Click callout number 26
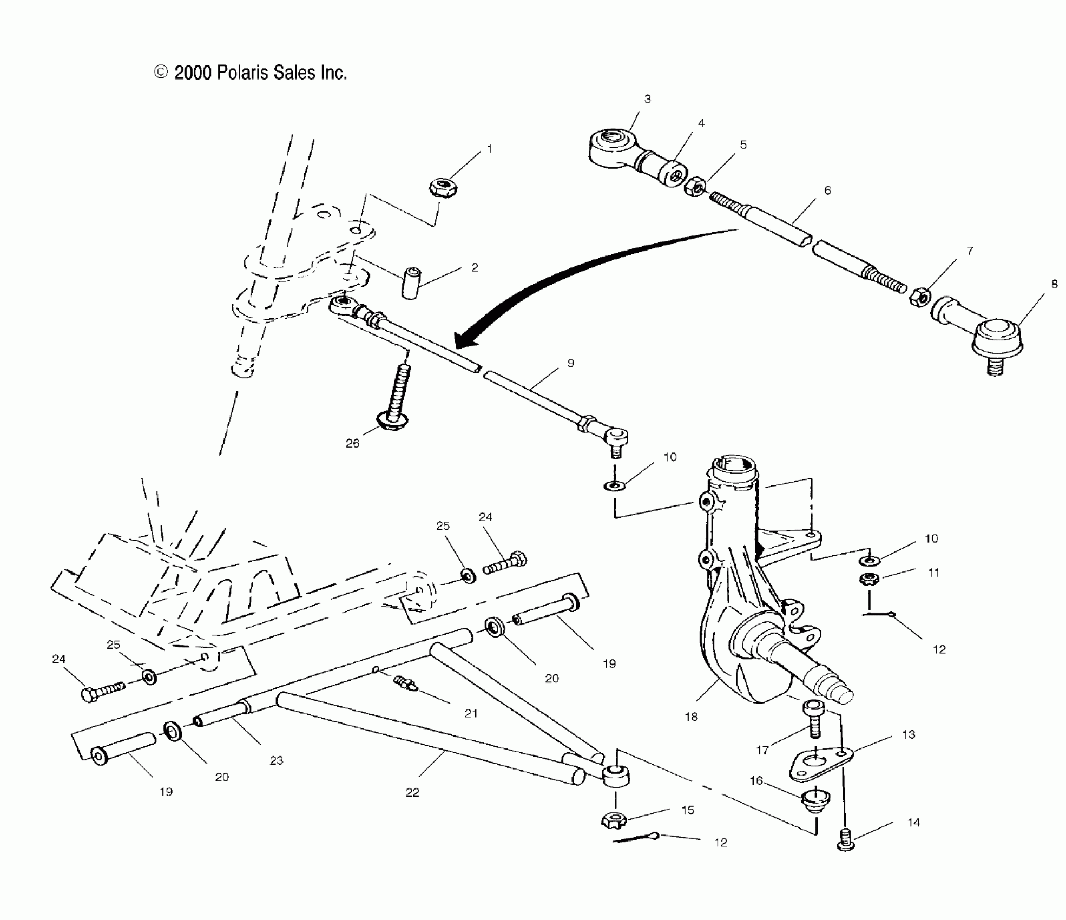pyautogui.click(x=352, y=444)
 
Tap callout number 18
pyautogui.click(x=691, y=717)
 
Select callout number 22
pyautogui.click(x=412, y=793)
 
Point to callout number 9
pyautogui.click(x=570, y=364)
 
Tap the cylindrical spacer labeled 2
pyautogui.click(x=411, y=282)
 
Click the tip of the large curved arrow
pyautogui.click(x=457, y=345)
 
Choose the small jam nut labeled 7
pyautogui.click(x=919, y=297)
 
